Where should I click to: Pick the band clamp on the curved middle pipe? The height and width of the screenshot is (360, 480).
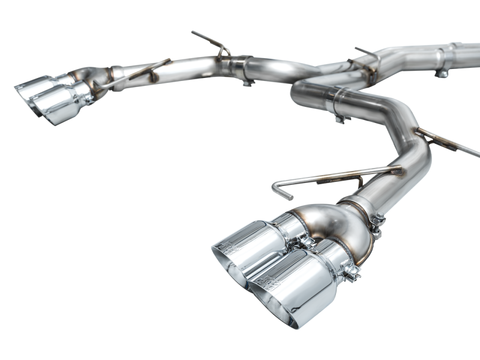(x=340, y=102)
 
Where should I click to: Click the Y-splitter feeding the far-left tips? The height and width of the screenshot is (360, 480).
(x=90, y=81)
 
